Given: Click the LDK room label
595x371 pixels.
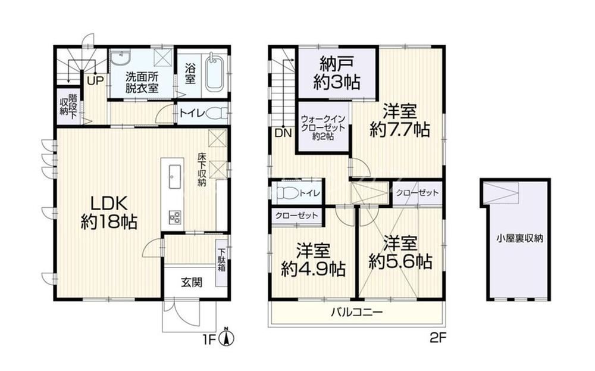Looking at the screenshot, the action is point(109,213).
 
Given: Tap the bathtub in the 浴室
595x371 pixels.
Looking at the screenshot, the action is point(215,74).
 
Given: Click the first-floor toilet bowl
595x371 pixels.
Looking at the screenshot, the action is point(218,113).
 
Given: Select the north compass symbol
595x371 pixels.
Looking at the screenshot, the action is point(227,336).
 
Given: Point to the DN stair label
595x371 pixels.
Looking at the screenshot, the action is point(283,133).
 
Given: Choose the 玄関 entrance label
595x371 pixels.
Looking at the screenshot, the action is point(191,282).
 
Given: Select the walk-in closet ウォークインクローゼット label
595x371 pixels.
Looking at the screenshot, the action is point(322,127).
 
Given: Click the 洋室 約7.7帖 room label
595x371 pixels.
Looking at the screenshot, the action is point(400,120).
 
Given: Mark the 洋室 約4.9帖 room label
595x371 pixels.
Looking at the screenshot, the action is point(313,260).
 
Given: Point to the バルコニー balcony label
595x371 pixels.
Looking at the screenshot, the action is point(356,313).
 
